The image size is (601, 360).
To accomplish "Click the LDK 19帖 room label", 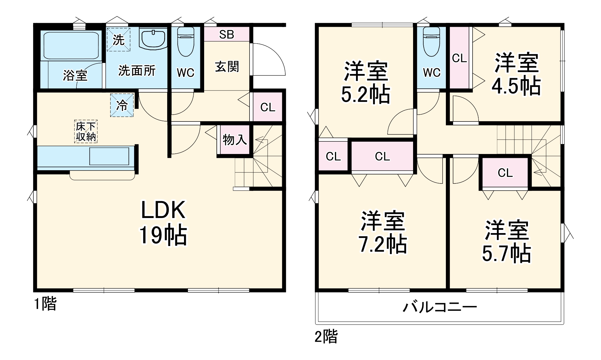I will click(x=163, y=223).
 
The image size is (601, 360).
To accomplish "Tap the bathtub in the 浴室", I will click(x=71, y=46).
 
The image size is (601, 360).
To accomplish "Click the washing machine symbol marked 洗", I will click(x=118, y=40).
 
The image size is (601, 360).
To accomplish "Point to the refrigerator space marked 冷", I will click(x=122, y=105).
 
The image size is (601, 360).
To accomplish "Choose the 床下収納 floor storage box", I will click(x=86, y=131).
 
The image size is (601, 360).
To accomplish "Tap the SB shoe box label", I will click(x=226, y=35).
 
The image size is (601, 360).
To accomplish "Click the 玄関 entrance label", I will click(x=227, y=67).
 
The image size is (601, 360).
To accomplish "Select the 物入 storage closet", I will click(x=235, y=140).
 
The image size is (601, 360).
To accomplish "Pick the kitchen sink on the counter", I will click(x=109, y=156).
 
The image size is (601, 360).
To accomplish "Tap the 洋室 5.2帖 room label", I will click(x=366, y=82).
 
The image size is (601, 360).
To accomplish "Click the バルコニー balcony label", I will click(x=440, y=307).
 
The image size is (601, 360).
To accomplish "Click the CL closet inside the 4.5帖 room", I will click(x=459, y=58).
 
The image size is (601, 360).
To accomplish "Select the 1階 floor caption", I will click(x=45, y=303).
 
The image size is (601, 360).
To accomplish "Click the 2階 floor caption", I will click(x=326, y=337).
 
